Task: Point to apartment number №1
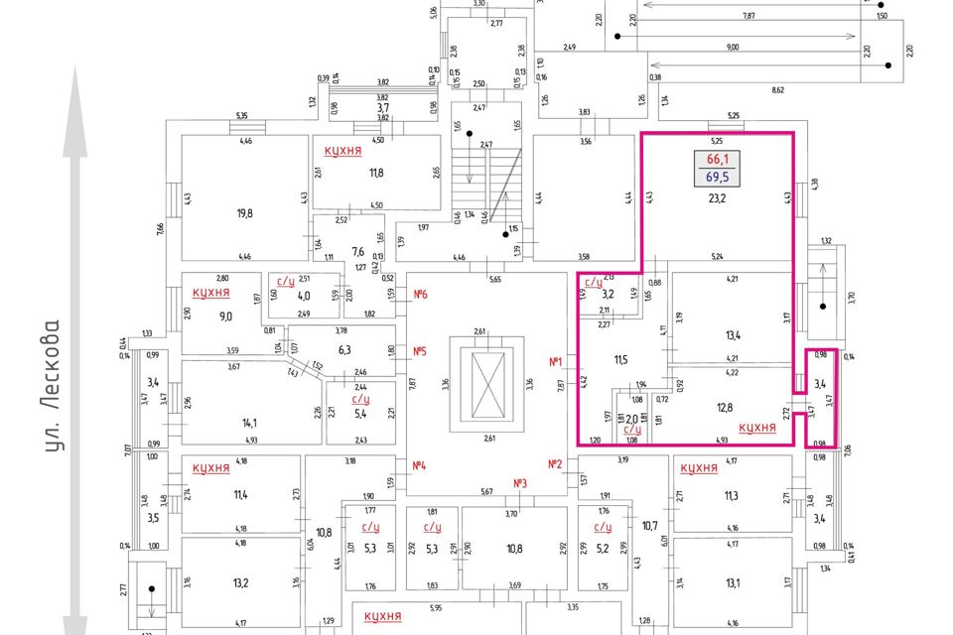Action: (556, 361)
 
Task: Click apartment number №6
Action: (420, 294)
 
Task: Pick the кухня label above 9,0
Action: (211, 293)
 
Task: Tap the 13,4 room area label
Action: (735, 334)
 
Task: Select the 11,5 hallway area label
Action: (622, 358)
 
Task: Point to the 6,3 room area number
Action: (345, 349)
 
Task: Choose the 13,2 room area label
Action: (240, 582)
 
